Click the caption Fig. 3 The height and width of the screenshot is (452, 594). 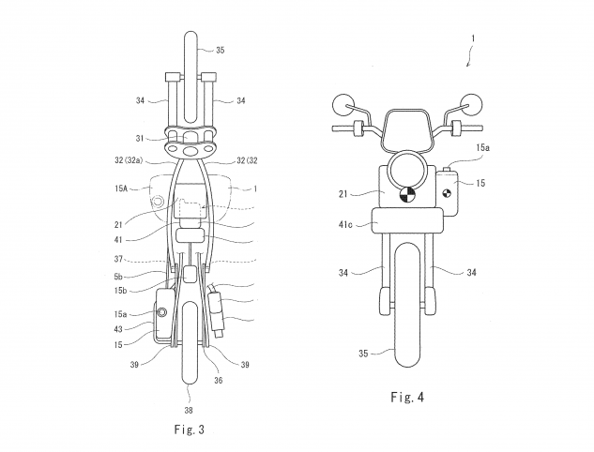(x=189, y=429)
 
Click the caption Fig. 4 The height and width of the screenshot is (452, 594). (x=407, y=397)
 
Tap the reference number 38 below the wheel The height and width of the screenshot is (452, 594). (x=189, y=410)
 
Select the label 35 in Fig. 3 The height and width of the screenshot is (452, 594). (x=221, y=50)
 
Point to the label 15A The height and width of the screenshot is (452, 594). (x=121, y=188)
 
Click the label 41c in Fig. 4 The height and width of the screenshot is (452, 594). (x=345, y=225)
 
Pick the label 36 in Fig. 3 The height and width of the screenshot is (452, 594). (x=219, y=381)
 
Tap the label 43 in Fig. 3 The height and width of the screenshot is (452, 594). (x=118, y=329)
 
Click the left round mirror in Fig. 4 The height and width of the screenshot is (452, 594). (x=343, y=105)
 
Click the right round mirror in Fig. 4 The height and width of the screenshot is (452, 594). (x=472, y=105)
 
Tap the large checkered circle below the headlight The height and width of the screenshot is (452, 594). (x=407, y=195)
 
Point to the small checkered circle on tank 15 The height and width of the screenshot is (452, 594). (x=447, y=193)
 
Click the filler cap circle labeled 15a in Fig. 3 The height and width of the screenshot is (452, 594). (x=162, y=312)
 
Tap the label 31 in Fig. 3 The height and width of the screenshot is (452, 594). (x=140, y=139)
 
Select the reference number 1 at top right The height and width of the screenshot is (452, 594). (x=473, y=38)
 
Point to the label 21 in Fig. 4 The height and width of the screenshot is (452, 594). (x=343, y=194)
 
